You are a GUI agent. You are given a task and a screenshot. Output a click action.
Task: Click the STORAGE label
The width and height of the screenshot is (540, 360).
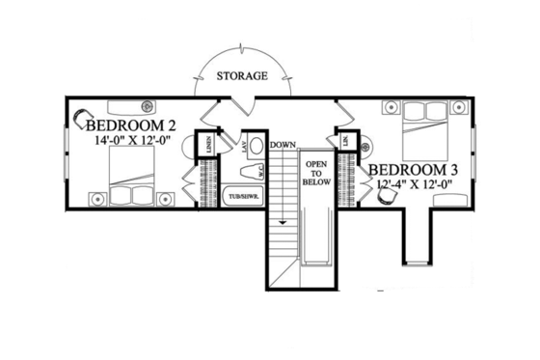(240, 75)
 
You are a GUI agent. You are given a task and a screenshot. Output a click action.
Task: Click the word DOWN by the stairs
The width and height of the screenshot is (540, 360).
(283, 145)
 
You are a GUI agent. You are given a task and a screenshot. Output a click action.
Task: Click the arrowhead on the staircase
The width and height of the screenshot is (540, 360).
(283, 222)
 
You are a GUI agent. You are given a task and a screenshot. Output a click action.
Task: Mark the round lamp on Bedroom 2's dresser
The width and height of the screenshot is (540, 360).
(148, 105)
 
